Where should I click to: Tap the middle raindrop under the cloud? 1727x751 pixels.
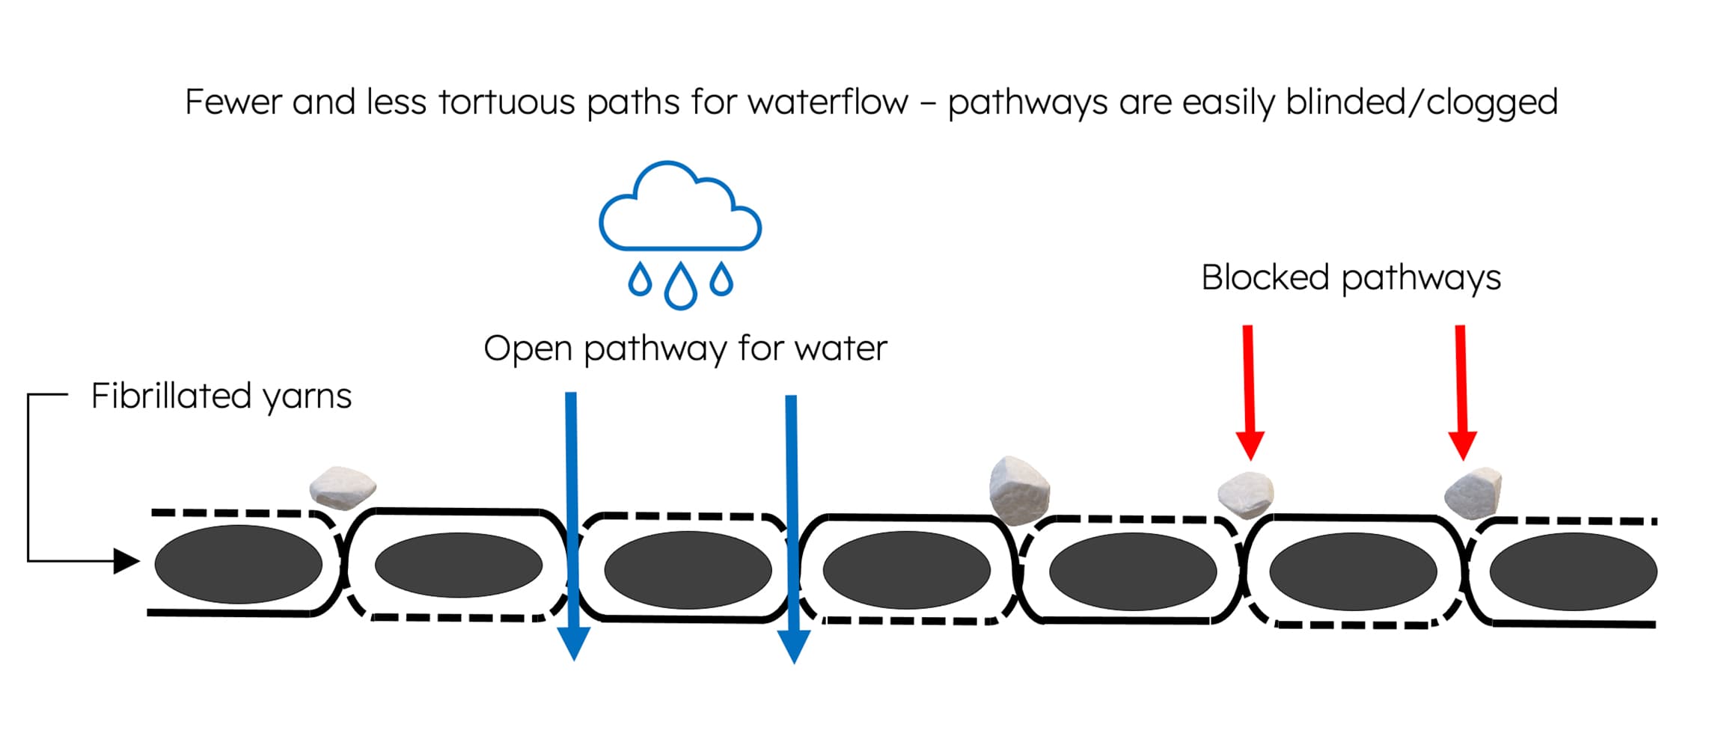tap(680, 286)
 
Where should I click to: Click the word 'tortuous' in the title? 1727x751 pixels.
tap(506, 102)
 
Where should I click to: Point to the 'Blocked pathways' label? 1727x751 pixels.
tap(1351, 278)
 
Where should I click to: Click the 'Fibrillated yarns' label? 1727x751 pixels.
tap(221, 396)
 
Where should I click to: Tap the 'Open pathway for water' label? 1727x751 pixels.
tap(685, 349)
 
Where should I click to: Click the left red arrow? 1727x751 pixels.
tap(1249, 389)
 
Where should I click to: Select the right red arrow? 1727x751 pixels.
tap(1461, 389)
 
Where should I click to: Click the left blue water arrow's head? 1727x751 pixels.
tap(574, 643)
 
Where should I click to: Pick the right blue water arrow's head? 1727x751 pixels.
tap(794, 646)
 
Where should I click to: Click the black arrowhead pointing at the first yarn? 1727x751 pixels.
tap(126, 560)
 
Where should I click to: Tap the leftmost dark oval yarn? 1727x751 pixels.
tap(238, 565)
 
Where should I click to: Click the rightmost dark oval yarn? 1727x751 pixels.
tap(1573, 571)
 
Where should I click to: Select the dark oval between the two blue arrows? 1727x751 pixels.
tap(688, 569)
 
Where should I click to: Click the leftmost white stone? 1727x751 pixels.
tap(343, 488)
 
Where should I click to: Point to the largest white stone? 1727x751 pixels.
tap(1018, 488)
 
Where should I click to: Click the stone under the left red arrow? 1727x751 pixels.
tap(1246, 494)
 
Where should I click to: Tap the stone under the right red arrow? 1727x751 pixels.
tap(1473, 493)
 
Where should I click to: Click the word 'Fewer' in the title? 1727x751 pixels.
tap(233, 102)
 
